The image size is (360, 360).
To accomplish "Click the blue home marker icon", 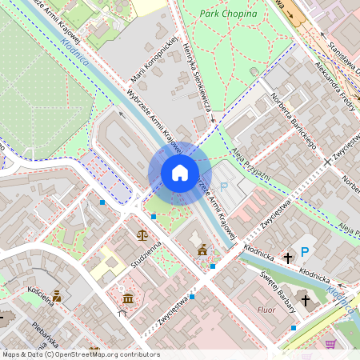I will coord(180,173).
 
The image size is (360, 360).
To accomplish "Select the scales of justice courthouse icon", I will coord(142,236).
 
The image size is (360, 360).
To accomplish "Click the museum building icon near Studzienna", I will coord(129,299).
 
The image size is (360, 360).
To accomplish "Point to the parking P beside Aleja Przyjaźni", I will coord(224,186).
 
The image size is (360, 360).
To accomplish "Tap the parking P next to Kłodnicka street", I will coord(305,252).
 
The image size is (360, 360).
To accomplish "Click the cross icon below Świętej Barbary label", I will coord(304,299).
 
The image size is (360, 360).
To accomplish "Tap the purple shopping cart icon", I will coord(330,344).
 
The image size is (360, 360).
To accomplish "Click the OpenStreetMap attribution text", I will coord(80,354).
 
